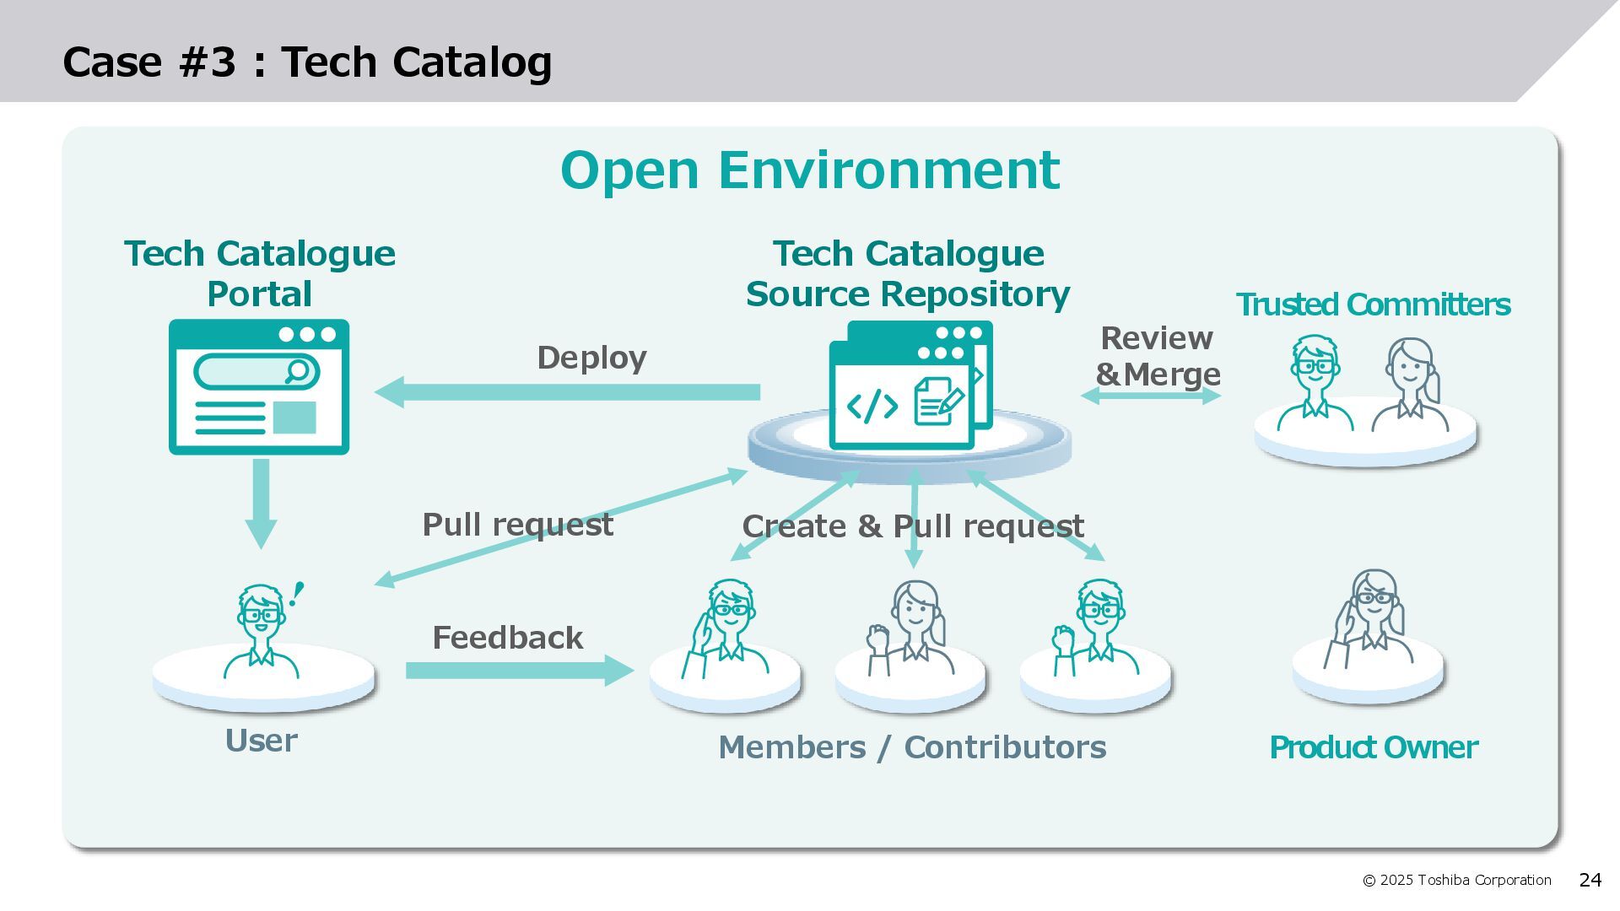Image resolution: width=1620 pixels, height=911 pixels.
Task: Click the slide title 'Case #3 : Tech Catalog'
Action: point(307,62)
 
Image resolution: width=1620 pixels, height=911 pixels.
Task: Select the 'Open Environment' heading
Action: point(809,170)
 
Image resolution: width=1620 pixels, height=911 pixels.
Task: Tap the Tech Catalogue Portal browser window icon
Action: point(259,387)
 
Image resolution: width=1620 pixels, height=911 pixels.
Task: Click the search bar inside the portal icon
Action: point(256,371)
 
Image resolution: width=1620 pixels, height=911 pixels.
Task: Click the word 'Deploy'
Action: point(591,358)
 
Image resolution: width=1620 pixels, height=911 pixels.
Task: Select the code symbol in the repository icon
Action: point(872,406)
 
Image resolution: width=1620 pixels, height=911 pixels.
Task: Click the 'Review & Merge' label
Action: point(1157,356)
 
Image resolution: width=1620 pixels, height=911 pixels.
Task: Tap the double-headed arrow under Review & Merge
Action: point(1150,395)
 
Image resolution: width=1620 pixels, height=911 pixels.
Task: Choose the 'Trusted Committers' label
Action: point(1373,305)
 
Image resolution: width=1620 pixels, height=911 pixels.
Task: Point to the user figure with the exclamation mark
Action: point(261,633)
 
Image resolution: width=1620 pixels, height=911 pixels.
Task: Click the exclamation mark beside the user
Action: point(296,594)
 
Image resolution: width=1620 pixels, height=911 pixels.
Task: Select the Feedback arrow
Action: point(519,671)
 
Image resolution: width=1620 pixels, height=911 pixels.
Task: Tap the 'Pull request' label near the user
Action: point(517,525)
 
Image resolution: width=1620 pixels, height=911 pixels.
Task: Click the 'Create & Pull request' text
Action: point(912,526)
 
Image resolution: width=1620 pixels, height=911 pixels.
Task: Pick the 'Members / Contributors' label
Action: point(912,747)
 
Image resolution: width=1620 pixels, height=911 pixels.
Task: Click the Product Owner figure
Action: point(1372,620)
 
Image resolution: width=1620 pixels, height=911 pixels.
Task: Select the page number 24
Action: point(1590,881)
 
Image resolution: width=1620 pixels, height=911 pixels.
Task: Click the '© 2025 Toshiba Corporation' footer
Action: point(1456,881)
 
